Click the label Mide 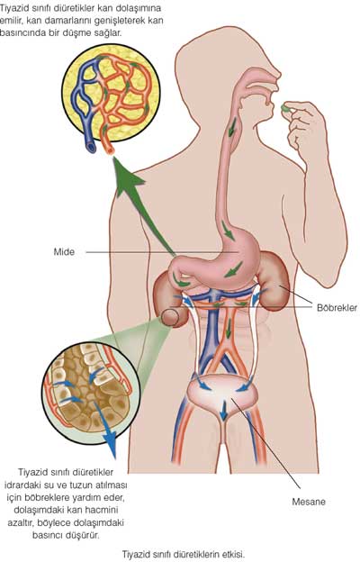click(64, 251)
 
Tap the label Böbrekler click(337, 307)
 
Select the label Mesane click(309, 502)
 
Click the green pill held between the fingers click(286, 107)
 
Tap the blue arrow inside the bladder click(223, 411)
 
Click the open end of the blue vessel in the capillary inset click(91, 147)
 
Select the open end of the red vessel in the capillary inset click(109, 149)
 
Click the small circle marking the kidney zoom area click(170, 318)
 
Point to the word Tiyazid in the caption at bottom click(134, 554)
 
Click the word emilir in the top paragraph click(11, 21)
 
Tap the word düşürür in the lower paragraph click(85, 535)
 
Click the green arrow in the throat click(232, 126)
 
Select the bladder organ click(223, 395)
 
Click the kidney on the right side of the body click(274, 279)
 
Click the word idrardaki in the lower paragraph click(21, 485)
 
